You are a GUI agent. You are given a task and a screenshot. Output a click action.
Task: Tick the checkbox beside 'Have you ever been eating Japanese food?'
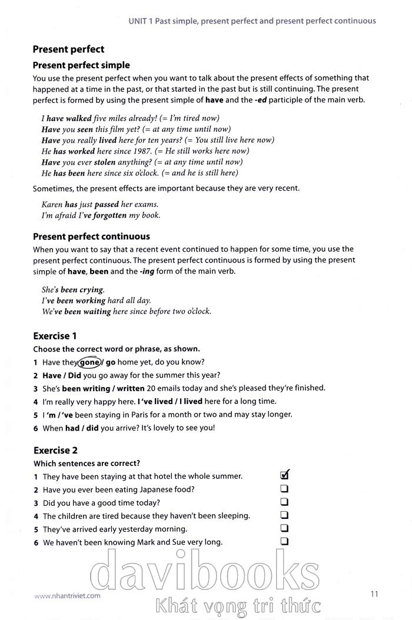(x=285, y=489)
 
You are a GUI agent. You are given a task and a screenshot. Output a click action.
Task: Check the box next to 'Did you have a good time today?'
(x=285, y=502)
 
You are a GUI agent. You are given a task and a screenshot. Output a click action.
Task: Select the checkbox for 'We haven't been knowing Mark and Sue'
(x=285, y=542)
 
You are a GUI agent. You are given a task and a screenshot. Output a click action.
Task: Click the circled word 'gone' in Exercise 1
(x=89, y=362)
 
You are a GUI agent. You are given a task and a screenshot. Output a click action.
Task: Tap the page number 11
(x=374, y=594)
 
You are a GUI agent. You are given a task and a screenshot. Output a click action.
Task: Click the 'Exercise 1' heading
(x=55, y=336)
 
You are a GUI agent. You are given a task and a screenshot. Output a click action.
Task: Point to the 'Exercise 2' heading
(x=55, y=451)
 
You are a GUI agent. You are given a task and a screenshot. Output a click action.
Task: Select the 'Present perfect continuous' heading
(x=91, y=236)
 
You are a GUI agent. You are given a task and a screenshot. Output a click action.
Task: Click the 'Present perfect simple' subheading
(x=81, y=65)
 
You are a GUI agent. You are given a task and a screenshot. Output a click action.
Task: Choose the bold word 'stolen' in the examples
(x=105, y=162)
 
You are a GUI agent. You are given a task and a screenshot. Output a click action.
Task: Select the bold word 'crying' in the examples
(x=91, y=290)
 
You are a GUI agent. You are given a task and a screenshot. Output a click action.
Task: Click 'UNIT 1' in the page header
(x=141, y=21)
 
